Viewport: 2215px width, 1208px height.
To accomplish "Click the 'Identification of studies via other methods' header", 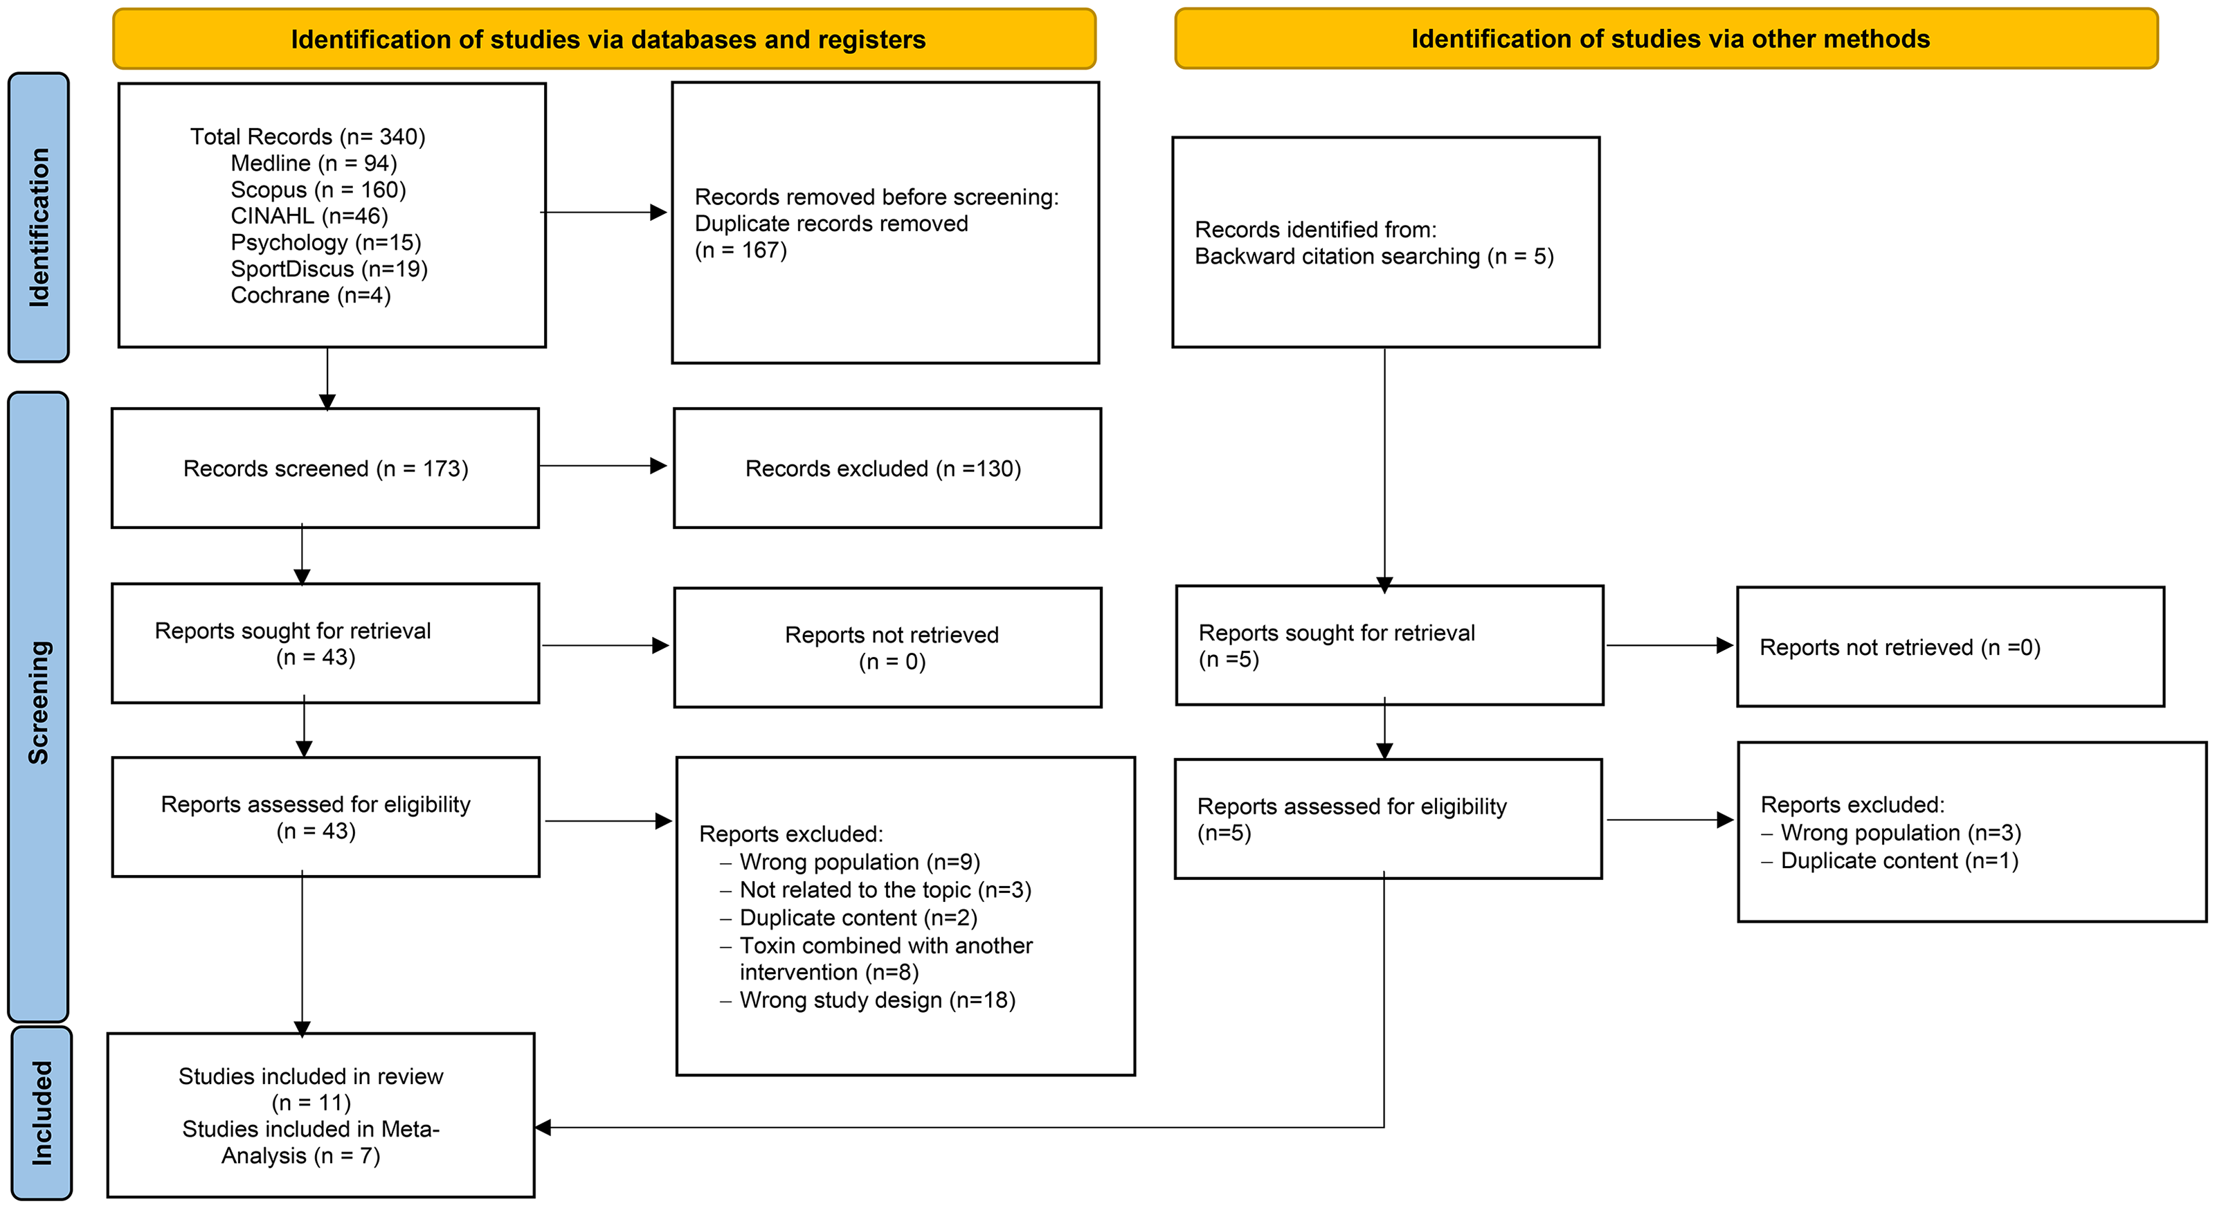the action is tap(1666, 39).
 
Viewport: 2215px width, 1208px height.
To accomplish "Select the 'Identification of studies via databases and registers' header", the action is tap(604, 39).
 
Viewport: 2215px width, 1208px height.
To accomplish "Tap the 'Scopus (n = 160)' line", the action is tap(318, 189).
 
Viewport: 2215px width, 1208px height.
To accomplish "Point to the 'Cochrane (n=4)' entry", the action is tap(310, 295).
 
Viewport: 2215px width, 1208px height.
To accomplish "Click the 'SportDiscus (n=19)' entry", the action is tap(329, 269).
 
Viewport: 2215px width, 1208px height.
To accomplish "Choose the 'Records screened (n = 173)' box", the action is tap(325, 468).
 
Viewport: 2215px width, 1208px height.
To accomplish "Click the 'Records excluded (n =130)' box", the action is tap(887, 468).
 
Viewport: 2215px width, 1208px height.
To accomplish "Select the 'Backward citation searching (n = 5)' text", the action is tap(1374, 256).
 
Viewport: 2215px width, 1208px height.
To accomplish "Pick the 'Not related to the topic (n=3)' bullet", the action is tap(876, 890).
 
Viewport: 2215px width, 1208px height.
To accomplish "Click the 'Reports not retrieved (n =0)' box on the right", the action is tap(1950, 647).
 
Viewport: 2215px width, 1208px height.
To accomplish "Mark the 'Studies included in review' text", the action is tap(310, 1076).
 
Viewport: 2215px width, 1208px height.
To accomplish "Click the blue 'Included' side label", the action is tap(42, 1112).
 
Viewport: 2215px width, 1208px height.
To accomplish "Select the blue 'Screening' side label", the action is tap(38, 705).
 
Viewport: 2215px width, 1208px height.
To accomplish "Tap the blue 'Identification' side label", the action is tap(39, 217).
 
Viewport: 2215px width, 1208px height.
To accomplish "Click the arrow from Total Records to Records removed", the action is tap(604, 212).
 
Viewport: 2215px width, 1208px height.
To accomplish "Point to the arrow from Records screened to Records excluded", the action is tap(604, 465).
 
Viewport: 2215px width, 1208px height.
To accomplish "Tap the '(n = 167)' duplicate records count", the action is tap(741, 250).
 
